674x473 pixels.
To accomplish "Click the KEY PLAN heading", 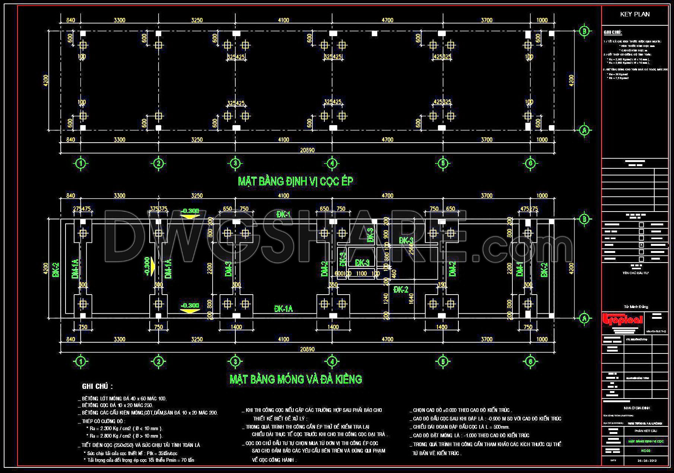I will coord(635,14).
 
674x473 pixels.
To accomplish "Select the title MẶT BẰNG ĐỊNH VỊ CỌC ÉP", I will coord(295,181).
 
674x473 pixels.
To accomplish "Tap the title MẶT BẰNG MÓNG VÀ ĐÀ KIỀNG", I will coord(296,379).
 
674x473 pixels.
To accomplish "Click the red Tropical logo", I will coord(623,320).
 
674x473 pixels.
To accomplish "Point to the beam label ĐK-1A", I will coord(283,309).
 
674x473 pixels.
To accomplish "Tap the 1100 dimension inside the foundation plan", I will coord(361,273).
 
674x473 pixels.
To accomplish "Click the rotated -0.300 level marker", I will coord(147,267).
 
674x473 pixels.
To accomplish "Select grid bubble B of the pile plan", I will coord(584,31).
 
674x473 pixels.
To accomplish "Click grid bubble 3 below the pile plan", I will coord(235,163).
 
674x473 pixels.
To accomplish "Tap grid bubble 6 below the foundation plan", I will coord(530,361).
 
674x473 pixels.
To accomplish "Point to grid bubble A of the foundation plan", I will coord(584,318).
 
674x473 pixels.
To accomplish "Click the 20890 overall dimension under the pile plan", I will coord(307,150).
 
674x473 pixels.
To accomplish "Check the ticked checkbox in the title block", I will coord(641,245).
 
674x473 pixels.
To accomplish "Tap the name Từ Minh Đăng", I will coord(636,307).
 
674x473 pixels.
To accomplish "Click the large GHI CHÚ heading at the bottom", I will coord(97,387).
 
